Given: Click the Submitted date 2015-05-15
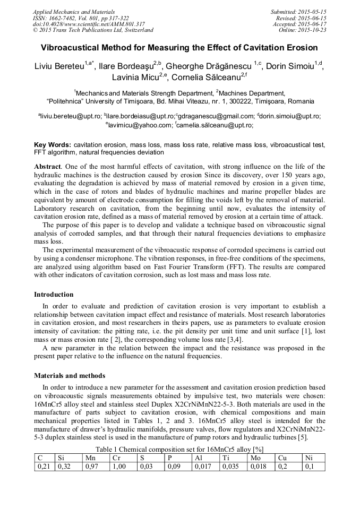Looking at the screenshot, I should coord(299,12).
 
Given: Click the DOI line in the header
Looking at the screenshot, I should coord(89,24).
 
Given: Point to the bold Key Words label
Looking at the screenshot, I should coord(52,144).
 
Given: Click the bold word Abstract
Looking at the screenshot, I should coord(47,167).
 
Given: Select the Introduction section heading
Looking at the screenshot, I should coord(54,295).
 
